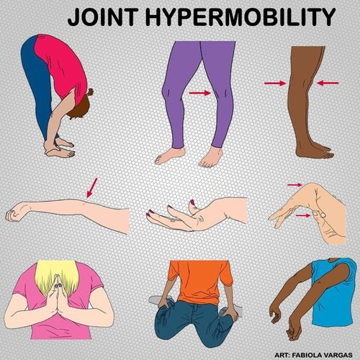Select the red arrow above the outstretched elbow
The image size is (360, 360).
pos(90,188)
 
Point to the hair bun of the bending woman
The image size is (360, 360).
pos(89,93)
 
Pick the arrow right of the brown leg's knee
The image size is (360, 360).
pos(327,84)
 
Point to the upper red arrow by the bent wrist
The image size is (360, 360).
pos(294,185)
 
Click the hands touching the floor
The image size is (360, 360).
pos(60,150)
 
